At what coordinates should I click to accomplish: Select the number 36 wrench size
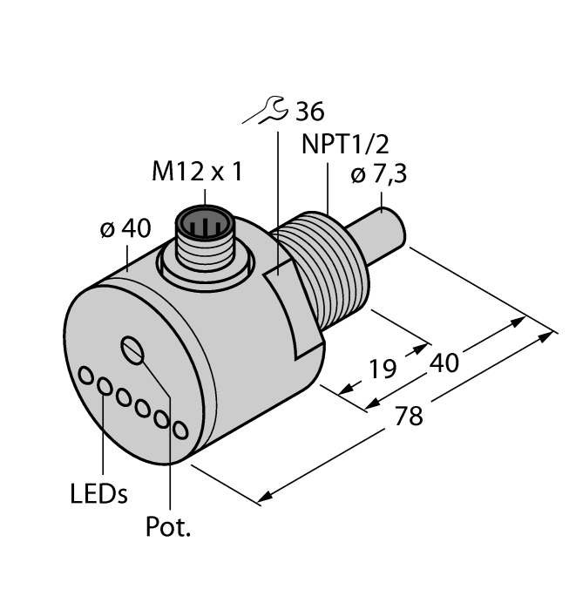(x=308, y=112)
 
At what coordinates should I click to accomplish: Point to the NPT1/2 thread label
(x=342, y=142)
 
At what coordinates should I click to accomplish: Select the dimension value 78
(x=409, y=416)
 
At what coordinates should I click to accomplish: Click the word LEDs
(x=98, y=494)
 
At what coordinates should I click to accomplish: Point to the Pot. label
(x=167, y=528)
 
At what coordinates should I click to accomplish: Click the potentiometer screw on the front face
(x=133, y=350)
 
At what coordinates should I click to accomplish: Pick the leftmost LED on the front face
(x=87, y=376)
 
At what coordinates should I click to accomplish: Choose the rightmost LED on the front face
(x=180, y=430)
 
